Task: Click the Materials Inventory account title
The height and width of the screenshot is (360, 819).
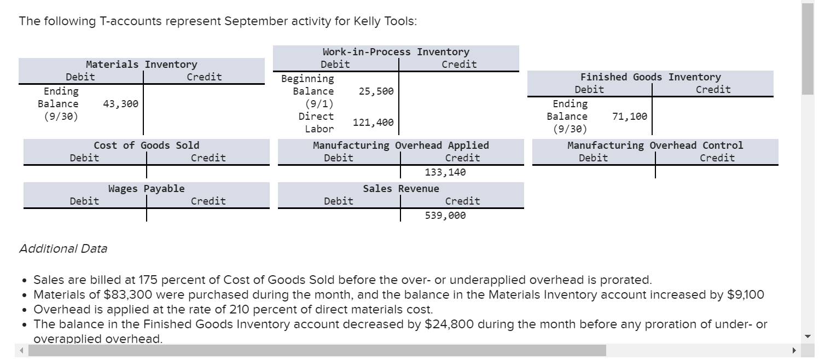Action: (141, 65)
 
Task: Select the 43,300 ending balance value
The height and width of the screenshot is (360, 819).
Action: (120, 103)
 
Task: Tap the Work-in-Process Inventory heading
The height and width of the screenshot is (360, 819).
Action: (396, 52)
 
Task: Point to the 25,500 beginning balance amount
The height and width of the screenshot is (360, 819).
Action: (376, 91)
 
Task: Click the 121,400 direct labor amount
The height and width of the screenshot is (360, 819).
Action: (373, 123)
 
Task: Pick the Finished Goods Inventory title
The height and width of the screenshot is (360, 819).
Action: (650, 77)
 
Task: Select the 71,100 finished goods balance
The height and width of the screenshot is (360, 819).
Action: (630, 116)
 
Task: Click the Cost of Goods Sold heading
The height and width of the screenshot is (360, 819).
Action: (146, 146)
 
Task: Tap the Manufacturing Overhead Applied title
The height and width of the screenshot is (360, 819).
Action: (400, 146)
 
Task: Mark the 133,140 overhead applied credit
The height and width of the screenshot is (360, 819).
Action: (445, 172)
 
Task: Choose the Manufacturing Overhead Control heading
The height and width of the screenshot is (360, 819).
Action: (655, 146)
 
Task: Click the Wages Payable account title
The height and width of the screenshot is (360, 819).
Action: (146, 189)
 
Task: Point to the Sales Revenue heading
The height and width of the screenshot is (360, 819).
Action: (400, 189)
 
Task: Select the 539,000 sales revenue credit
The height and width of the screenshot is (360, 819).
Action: (445, 216)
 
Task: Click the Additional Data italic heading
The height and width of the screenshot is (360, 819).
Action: (63, 249)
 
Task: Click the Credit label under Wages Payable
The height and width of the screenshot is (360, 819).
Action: (208, 201)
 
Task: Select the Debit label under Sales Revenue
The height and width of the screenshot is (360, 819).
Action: (338, 201)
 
